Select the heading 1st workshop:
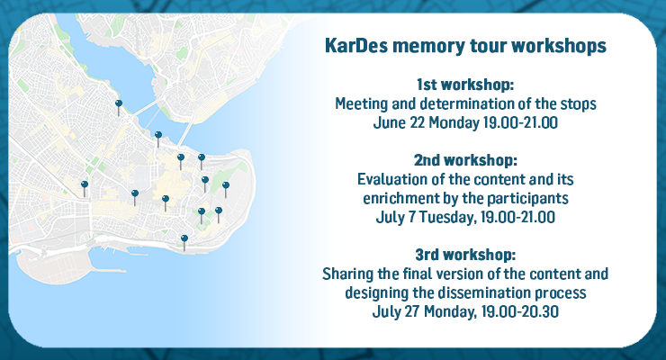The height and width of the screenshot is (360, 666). [x=465, y=85]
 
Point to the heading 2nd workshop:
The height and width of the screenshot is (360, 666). [x=465, y=160]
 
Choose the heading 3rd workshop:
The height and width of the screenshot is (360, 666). [x=465, y=255]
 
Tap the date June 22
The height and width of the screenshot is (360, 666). [x=399, y=122]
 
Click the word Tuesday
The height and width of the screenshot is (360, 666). [x=446, y=218]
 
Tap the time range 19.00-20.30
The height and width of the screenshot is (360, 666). [x=520, y=312]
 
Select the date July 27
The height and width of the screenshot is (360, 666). [x=396, y=312]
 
